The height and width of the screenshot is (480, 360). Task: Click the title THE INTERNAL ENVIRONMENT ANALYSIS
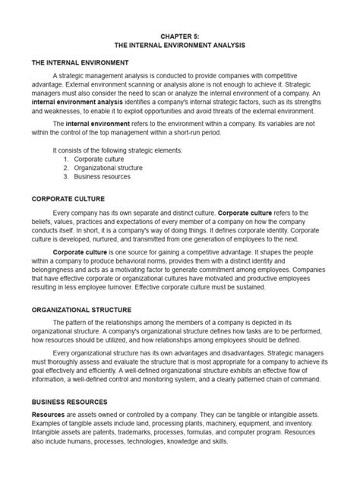coord(180,45)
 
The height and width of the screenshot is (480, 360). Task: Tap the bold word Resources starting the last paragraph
coord(47,415)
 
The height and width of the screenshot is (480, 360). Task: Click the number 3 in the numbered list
coord(66,177)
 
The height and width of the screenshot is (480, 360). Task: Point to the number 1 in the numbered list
coord(66,160)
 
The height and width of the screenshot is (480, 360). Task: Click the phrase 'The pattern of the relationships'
coord(102,325)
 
